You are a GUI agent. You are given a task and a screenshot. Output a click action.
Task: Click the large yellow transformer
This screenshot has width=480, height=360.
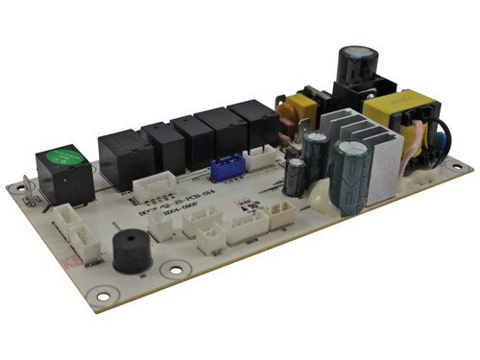pyautogui.click(x=396, y=117)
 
